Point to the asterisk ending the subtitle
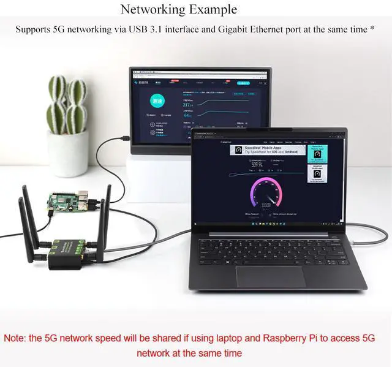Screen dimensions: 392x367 [x=372, y=29]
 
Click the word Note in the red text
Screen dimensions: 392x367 [x=17, y=338]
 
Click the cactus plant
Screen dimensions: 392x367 [x=67, y=104]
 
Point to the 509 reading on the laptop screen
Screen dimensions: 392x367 [x=257, y=164]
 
